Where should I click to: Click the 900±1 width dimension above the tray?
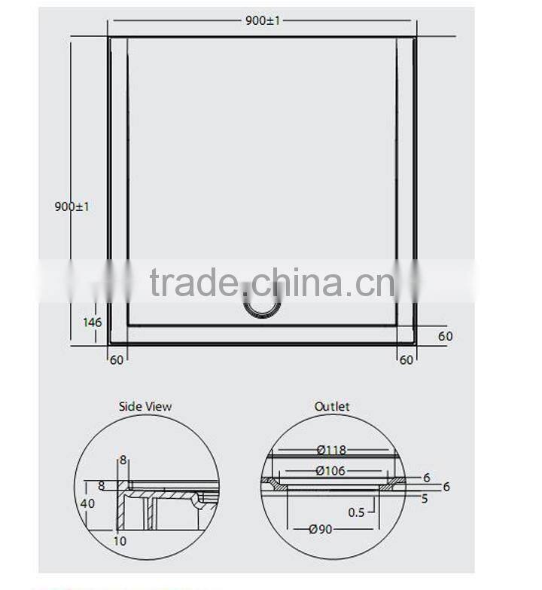click(x=263, y=20)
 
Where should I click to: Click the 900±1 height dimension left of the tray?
click(x=72, y=206)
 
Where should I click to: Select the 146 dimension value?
click(x=92, y=323)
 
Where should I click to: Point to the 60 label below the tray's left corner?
click(x=117, y=360)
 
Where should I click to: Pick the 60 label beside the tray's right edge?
click(x=446, y=336)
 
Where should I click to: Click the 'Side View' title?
click(x=145, y=407)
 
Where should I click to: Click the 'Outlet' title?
click(x=332, y=407)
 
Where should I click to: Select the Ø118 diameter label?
click(x=331, y=451)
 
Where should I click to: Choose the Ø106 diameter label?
click(x=331, y=472)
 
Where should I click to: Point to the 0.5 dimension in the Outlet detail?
click(x=358, y=512)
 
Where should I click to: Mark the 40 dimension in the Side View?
click(x=89, y=503)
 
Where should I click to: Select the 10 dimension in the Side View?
click(x=120, y=540)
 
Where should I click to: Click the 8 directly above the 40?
click(x=102, y=486)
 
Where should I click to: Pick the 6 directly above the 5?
click(x=426, y=478)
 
